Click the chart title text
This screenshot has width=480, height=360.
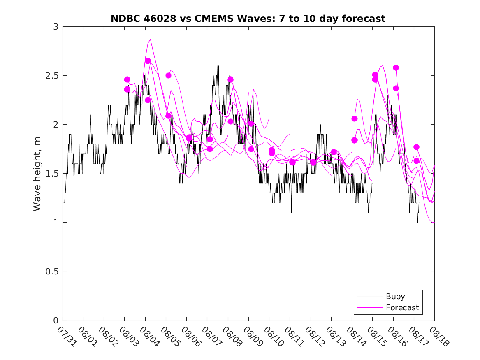[x=248, y=19]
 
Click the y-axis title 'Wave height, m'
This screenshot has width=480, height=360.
[x=37, y=174]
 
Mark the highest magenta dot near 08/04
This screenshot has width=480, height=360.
[x=148, y=61]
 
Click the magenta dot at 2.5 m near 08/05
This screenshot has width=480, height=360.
[x=168, y=75]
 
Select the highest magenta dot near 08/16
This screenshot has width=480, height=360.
[x=396, y=67]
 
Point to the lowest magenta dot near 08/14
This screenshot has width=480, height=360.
[x=354, y=140]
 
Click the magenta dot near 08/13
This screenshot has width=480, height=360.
[x=334, y=152]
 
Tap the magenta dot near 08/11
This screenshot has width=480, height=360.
[x=292, y=162]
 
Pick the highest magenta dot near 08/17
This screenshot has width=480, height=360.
[x=416, y=147]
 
